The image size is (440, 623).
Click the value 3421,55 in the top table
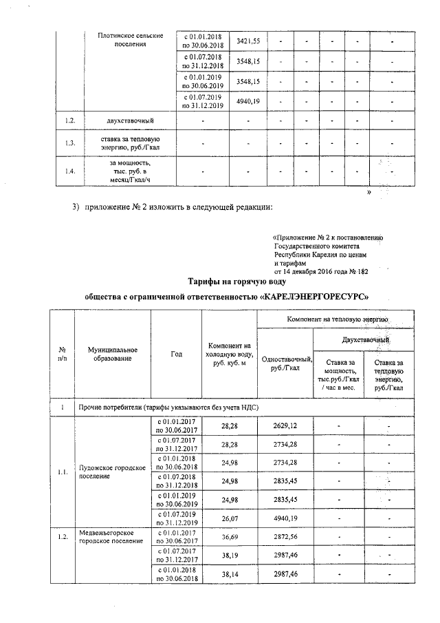247,41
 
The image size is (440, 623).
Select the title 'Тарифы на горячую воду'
236,281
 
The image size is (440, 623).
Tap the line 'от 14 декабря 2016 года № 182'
320,271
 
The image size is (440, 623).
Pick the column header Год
176,354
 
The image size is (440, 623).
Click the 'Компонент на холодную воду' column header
229,354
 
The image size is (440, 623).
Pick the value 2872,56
285,536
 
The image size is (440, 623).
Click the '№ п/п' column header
63,354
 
